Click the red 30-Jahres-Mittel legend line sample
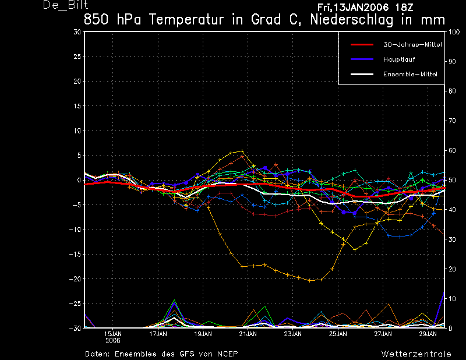pyautogui.click(x=362, y=45)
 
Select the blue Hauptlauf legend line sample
pyautogui.click(x=362, y=59)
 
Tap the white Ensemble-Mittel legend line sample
pyautogui.click(x=362, y=75)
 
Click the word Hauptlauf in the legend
pyautogui.click(x=399, y=59)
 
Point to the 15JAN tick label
pyautogui.click(x=113, y=334)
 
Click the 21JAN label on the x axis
pyautogui.click(x=248, y=334)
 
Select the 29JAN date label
pyautogui.click(x=428, y=334)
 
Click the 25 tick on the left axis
pyautogui.click(x=77, y=57)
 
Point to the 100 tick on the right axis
pyautogui.click(x=454, y=32)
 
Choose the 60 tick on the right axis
pyautogui.click(x=452, y=150)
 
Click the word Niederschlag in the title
pyautogui.click(x=352, y=20)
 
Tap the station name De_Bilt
pyautogui.click(x=65, y=5)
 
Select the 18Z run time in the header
pyautogui.click(x=404, y=8)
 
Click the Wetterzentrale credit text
pyautogui.click(x=416, y=354)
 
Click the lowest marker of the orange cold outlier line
pyautogui.click(x=310, y=281)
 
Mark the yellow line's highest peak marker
pyautogui.click(x=242, y=151)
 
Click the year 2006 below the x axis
pyautogui.click(x=113, y=340)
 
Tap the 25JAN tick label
pyautogui.click(x=338, y=334)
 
